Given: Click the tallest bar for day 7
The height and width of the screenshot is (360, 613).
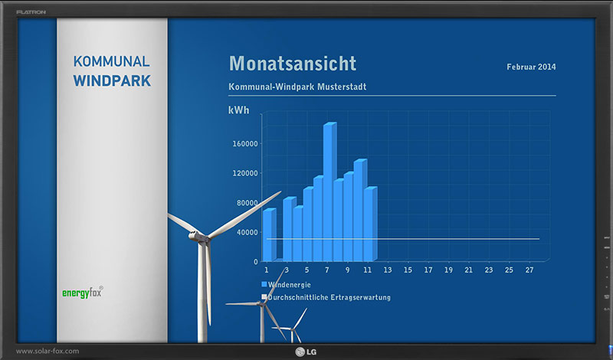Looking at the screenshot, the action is pos(329,191).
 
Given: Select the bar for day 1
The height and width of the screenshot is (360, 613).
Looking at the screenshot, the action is pos(269,234).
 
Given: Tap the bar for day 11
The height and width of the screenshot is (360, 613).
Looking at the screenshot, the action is pos(370,224).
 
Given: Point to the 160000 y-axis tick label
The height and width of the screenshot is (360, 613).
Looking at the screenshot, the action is pos(245,144).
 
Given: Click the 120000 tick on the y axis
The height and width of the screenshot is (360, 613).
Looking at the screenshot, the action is pos(245,173).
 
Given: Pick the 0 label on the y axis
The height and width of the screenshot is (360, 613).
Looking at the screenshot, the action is pos(256,262).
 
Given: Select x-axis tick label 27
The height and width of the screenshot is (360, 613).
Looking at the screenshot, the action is pos(529,270).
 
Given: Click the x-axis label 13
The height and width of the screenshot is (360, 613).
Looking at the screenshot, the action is pos(388,270).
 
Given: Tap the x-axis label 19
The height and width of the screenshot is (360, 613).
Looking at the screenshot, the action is pos(448,270).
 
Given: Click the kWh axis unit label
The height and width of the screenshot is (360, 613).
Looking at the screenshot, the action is pos(238,110).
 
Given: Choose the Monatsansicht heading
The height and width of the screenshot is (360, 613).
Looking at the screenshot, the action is pos(293,64).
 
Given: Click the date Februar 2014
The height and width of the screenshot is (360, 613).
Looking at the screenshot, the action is pos(531,67).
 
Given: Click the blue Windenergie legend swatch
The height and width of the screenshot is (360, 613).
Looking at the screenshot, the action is pos(264,284).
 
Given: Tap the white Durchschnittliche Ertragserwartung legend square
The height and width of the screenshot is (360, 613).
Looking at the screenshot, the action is pos(264,297).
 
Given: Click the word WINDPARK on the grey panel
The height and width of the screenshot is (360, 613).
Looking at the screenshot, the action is pos(112,81).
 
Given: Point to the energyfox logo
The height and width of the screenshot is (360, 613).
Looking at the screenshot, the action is pos(83,293).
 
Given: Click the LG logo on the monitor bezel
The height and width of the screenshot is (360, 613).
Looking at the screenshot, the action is pos(306,352).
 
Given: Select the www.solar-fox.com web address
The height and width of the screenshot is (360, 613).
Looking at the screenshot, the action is pos(48,351).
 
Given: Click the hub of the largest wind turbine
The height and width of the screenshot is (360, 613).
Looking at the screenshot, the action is pos(198,237).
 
